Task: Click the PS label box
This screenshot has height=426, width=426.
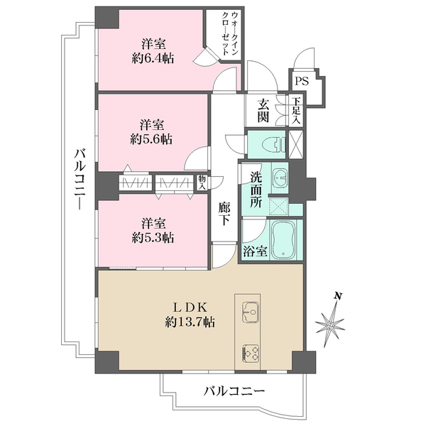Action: pyautogui.click(x=300, y=82)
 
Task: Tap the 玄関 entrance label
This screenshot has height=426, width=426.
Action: pyautogui.click(x=263, y=110)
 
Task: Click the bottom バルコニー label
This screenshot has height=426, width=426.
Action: pyautogui.click(x=234, y=390)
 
